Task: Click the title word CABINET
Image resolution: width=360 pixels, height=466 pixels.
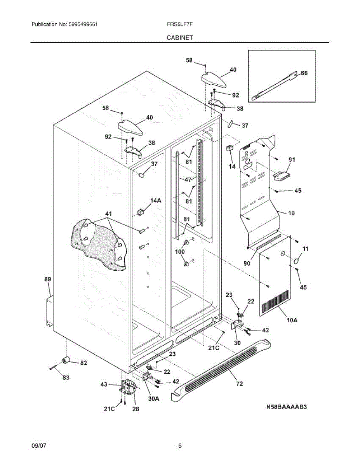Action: point(180,38)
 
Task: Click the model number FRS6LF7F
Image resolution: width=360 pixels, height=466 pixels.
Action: point(179,24)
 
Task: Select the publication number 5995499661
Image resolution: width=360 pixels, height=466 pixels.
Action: point(83,24)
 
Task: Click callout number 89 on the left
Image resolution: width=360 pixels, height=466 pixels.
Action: point(47,279)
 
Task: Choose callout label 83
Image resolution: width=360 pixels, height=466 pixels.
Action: point(66,377)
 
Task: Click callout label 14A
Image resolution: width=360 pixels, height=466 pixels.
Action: point(156,200)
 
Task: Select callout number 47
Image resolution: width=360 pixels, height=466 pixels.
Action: point(188,180)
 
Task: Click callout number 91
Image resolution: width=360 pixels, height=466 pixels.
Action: point(292,159)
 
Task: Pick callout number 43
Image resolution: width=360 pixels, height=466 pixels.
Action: point(104,384)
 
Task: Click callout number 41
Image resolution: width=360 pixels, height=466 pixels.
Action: point(108,214)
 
